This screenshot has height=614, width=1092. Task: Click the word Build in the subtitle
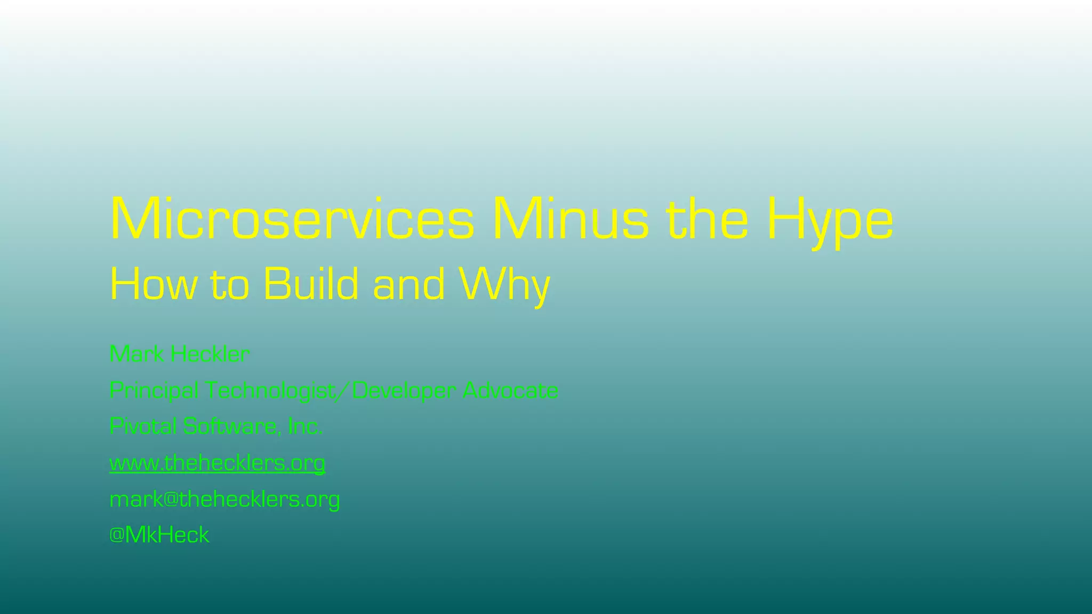(x=311, y=285)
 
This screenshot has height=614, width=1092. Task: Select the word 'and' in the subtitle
(x=409, y=285)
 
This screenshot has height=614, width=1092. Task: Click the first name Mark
(x=136, y=354)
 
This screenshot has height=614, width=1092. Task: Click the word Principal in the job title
(x=154, y=391)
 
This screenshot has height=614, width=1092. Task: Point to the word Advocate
(x=510, y=391)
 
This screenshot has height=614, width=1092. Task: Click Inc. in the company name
(x=305, y=426)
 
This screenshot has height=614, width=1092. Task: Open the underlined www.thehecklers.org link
(x=217, y=463)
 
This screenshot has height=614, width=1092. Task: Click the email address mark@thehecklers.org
(x=224, y=499)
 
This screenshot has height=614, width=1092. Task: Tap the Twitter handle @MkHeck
(x=159, y=535)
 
